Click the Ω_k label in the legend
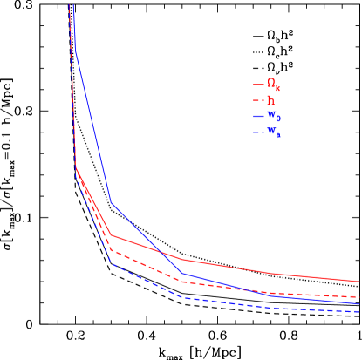(273, 85)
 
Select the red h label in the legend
(271, 100)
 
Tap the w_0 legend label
(273, 116)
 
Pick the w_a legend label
(273, 132)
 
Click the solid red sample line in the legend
(258, 85)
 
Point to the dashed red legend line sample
(258, 100)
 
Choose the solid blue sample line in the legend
(258, 116)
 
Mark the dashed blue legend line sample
(258, 132)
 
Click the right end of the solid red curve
(359, 282)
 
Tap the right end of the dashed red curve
(359, 297)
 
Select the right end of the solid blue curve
(359, 304)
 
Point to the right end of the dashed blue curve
(359, 312)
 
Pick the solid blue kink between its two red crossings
(182, 274)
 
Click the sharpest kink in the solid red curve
(76, 167)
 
